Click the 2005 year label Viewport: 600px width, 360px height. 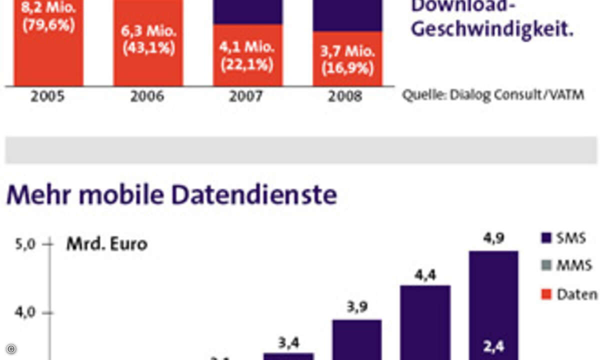(x=47, y=96)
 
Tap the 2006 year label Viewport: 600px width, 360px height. (x=147, y=96)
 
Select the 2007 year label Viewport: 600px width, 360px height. (x=246, y=96)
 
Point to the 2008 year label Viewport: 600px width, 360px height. (x=345, y=96)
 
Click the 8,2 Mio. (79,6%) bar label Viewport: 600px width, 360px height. (x=48, y=16)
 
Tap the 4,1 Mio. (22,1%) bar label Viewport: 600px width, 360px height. (x=247, y=56)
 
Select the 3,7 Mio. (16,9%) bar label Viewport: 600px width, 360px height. (x=347, y=60)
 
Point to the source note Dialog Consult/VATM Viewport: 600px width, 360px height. (x=493, y=95)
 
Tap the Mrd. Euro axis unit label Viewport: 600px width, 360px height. (x=106, y=244)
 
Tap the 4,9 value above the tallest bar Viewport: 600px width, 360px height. (x=493, y=239)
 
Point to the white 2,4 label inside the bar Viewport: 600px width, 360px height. (x=493, y=345)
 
